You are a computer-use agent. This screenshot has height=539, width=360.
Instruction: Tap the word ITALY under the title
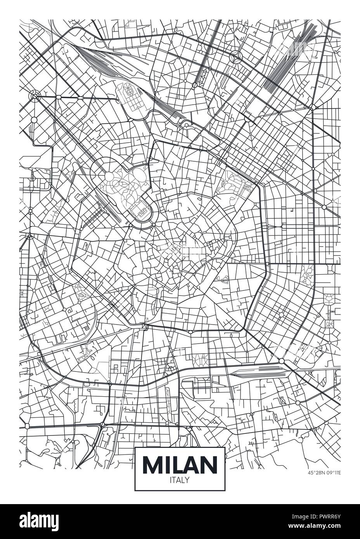point(180,480)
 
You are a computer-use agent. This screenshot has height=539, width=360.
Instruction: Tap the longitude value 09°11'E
point(332,473)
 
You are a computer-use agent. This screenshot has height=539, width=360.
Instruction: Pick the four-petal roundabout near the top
point(236,57)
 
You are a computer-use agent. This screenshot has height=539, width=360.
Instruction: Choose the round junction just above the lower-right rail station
point(282,361)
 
